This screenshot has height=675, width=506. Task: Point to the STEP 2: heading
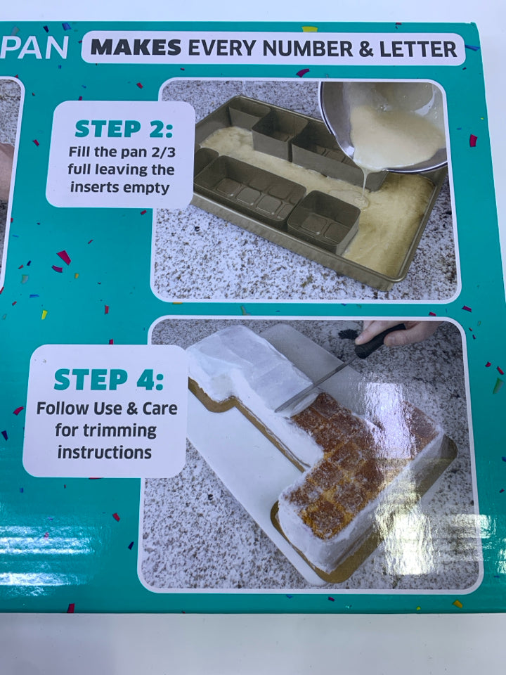pyautogui.click(x=123, y=129)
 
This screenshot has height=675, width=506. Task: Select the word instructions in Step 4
pyautogui.click(x=105, y=452)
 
